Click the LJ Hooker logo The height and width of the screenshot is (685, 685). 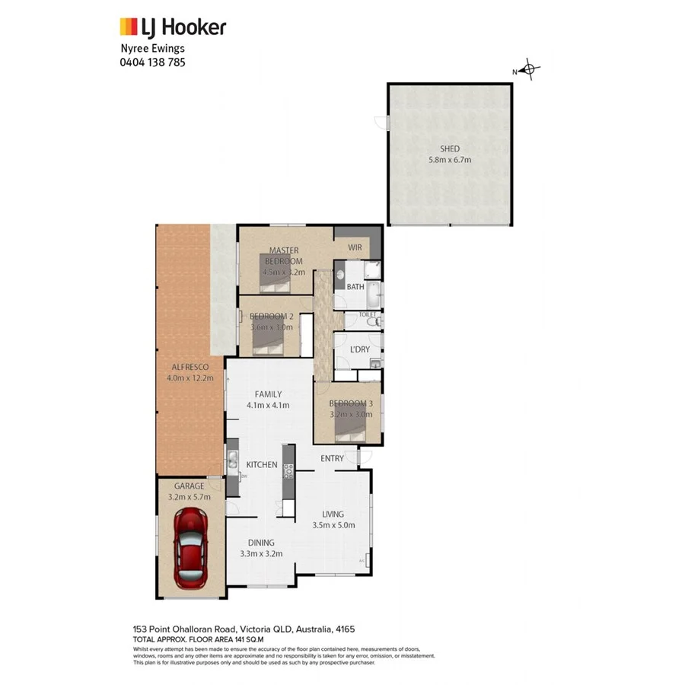(x=173, y=27)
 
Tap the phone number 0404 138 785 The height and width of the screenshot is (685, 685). (x=152, y=62)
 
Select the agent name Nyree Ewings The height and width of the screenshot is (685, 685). (x=152, y=49)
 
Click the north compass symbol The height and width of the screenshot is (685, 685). (x=530, y=70)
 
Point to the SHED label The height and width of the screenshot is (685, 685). (x=449, y=149)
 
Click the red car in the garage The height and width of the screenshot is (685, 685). (x=191, y=548)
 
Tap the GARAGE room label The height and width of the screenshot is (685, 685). (x=189, y=486)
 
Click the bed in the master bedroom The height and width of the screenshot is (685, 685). (x=275, y=282)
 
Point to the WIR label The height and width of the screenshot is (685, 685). (x=355, y=248)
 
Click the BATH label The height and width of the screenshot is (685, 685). (x=355, y=287)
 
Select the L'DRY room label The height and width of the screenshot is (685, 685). (x=359, y=349)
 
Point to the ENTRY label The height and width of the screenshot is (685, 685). (x=332, y=458)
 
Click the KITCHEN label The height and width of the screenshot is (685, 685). (x=261, y=465)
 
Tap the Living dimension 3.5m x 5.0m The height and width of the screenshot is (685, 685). (x=333, y=524)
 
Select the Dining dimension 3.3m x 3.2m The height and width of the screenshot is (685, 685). (x=261, y=553)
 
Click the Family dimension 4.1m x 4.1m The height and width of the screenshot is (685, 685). (x=268, y=405)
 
